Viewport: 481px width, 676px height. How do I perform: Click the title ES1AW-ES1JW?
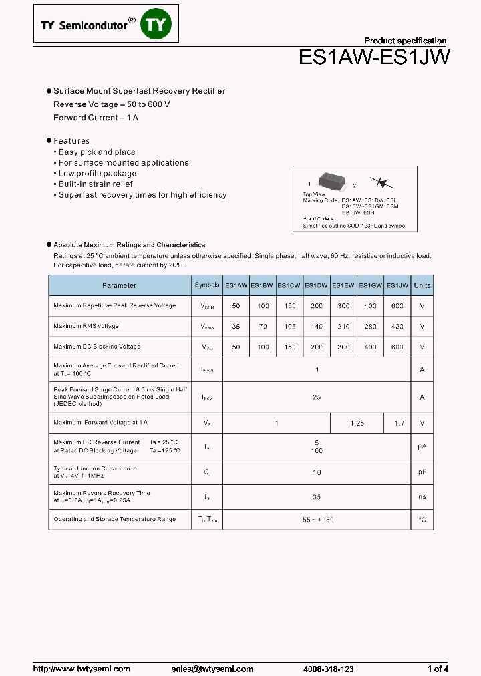click(x=373, y=58)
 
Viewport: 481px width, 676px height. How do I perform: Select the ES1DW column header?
click(x=317, y=285)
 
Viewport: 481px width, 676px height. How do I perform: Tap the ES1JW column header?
click(x=397, y=285)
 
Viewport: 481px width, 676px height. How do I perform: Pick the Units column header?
click(x=422, y=285)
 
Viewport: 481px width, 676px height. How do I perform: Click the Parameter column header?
click(x=120, y=285)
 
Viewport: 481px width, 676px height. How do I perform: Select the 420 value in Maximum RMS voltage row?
click(x=397, y=327)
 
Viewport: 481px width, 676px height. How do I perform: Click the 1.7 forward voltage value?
click(x=399, y=424)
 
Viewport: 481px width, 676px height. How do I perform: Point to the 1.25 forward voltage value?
click(x=357, y=424)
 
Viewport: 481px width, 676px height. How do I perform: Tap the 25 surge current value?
click(x=317, y=397)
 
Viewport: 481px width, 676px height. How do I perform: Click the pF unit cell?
click(x=422, y=472)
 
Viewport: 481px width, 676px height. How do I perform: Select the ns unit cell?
click(x=422, y=497)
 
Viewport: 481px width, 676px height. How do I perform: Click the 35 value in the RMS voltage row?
click(x=236, y=327)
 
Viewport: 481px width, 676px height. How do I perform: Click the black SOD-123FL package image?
click(x=332, y=182)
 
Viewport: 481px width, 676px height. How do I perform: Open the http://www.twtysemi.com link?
click(x=76, y=669)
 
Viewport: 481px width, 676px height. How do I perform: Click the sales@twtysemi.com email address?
click(x=212, y=669)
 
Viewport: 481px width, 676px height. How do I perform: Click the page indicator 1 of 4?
click(x=438, y=669)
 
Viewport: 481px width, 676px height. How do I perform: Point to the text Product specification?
click(x=406, y=41)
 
